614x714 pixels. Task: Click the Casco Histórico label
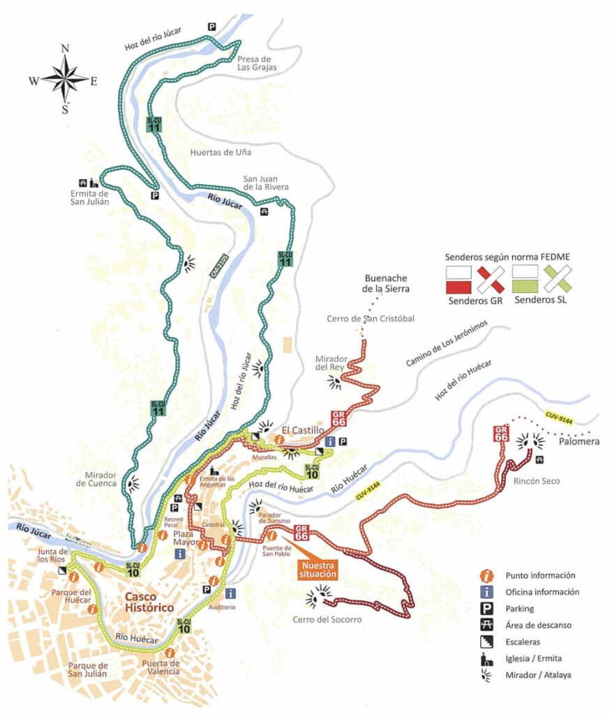pos(149,602)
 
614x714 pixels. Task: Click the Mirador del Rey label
pos(332,362)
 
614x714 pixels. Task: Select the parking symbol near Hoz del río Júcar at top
pos(211,26)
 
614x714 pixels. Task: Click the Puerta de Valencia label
pos(160,667)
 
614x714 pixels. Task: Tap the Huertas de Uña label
pos(220,152)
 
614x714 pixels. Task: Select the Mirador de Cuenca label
pos(97,480)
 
